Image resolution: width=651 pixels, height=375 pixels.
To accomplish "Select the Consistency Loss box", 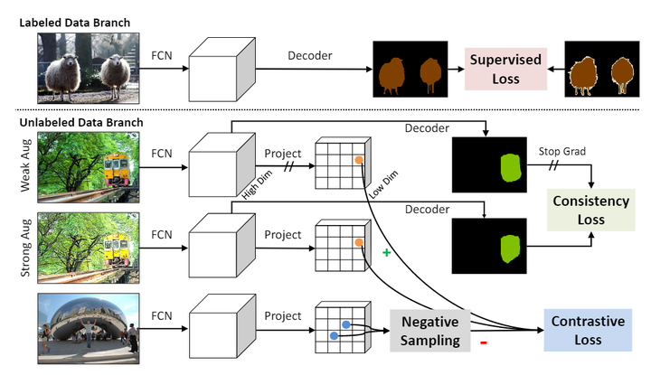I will pyautogui.click(x=592, y=210).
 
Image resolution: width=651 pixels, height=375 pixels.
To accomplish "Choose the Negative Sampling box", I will pyautogui.click(x=430, y=331).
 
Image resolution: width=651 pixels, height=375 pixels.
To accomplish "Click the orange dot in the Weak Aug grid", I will pyautogui.click(x=359, y=161).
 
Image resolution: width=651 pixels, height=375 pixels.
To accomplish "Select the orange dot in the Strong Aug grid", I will pyautogui.click(x=359, y=243).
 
